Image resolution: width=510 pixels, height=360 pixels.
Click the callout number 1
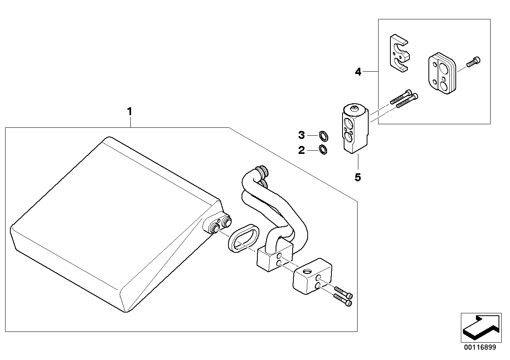coord(129,112)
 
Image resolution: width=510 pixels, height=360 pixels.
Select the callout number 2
coord(302,150)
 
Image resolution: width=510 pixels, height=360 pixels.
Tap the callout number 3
coord(302,136)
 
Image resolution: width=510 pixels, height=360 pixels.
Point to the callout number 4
coord(358,72)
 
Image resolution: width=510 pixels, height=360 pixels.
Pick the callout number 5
coord(358,177)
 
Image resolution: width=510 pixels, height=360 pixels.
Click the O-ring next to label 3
coord(324,136)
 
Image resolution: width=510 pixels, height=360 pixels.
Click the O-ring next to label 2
coord(324,150)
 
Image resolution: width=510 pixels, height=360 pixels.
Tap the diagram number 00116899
coord(479,347)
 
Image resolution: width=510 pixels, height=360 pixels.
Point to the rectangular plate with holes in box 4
coord(441,74)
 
